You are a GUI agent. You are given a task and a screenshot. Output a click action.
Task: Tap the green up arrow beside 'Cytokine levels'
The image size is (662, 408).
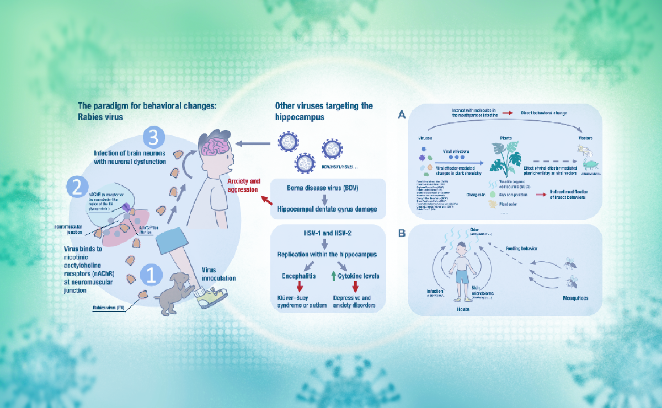pos(334,275)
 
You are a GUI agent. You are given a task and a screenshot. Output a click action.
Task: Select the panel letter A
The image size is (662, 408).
pos(402,114)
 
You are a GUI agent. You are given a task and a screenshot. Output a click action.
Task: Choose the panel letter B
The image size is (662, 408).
pos(402,234)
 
